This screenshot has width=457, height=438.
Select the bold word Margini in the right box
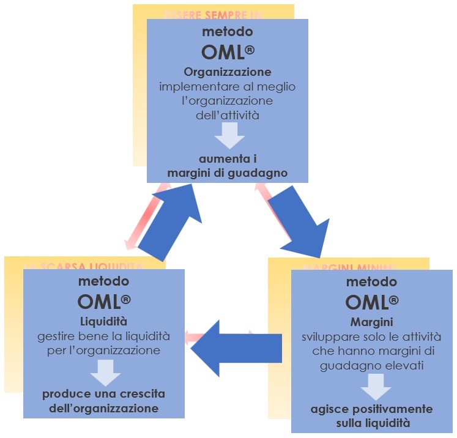[x=373, y=323]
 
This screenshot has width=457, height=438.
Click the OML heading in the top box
[x=227, y=53]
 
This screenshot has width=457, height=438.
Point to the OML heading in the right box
[x=372, y=302]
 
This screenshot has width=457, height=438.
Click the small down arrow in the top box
[x=228, y=134]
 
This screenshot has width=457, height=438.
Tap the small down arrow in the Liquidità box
[x=105, y=371]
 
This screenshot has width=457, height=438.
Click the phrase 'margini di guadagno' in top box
[x=228, y=173]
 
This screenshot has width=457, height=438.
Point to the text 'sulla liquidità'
[x=373, y=422]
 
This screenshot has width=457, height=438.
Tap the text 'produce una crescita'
[x=104, y=394]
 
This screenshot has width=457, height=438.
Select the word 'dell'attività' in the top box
[x=228, y=113]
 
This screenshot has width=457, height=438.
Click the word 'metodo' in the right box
[x=372, y=282]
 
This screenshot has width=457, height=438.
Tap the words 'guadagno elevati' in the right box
[x=373, y=365]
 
